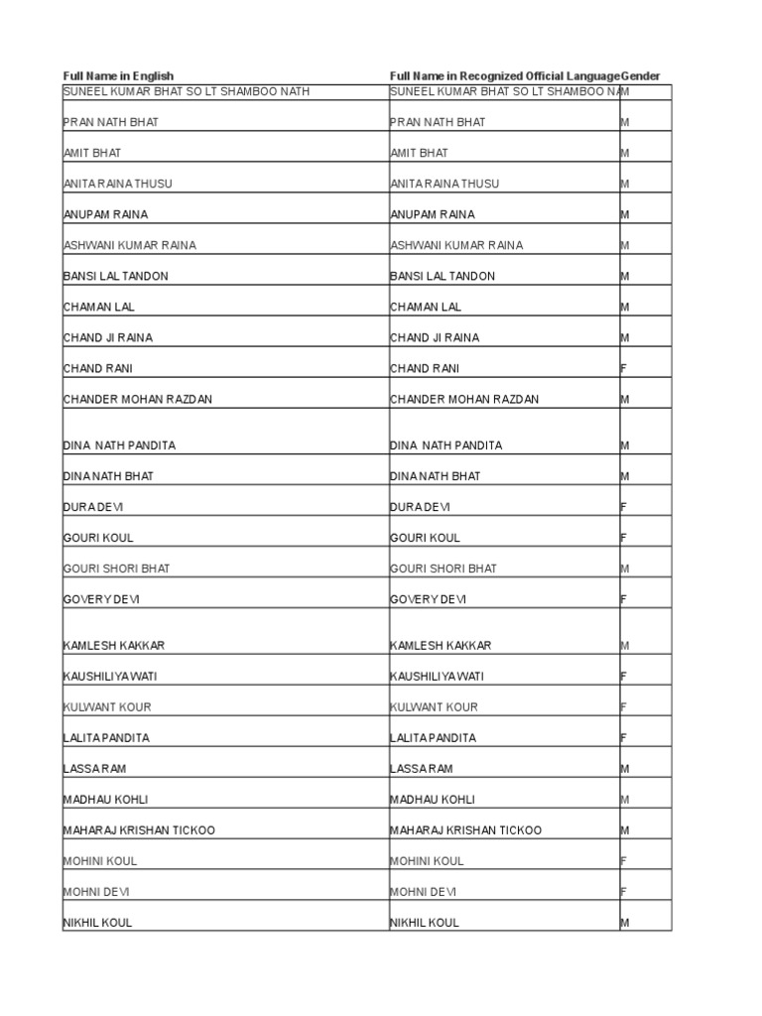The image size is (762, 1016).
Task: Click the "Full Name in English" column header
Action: [x=118, y=76]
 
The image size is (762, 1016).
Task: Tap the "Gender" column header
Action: [x=641, y=76]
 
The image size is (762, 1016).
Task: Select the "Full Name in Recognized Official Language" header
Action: [x=505, y=76]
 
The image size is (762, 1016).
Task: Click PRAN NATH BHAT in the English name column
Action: [x=110, y=122]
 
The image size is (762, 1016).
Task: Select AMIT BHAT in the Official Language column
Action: [x=419, y=153]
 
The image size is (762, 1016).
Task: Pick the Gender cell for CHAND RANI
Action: [x=624, y=368]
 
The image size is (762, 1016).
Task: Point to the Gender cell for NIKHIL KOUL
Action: [x=625, y=923]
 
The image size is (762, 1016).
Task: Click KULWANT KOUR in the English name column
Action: [x=107, y=707]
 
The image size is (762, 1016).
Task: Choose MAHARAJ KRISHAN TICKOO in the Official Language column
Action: [x=466, y=830]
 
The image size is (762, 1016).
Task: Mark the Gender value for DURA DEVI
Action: [x=624, y=507]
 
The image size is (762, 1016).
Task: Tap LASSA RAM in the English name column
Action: [x=94, y=769]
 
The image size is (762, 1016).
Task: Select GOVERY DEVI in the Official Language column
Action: [x=429, y=599]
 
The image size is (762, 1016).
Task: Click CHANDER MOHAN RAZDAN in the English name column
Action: [x=137, y=399]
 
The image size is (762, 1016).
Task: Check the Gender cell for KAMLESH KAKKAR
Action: [x=625, y=646]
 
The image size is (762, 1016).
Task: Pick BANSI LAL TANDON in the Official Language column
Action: [x=443, y=276]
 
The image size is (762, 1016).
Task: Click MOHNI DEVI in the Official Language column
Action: [x=424, y=892]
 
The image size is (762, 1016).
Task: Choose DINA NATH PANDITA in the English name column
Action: [x=119, y=445]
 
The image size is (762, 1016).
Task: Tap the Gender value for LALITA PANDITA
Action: [x=624, y=738]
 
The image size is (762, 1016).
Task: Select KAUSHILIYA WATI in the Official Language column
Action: [x=438, y=677]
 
